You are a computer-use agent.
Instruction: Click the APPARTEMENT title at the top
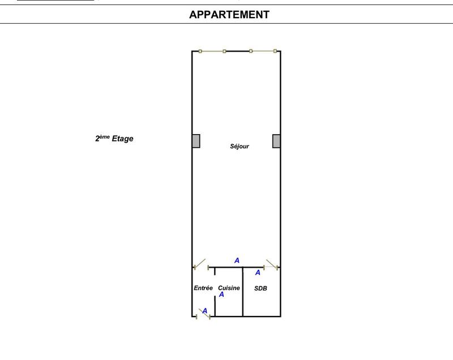(229, 15)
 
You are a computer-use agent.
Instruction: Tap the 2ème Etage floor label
(114, 138)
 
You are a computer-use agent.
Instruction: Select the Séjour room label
(240, 147)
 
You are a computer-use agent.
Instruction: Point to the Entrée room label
(203, 288)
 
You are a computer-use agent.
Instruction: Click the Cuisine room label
(229, 288)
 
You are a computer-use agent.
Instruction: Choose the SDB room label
(260, 288)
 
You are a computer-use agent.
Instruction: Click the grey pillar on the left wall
(196, 141)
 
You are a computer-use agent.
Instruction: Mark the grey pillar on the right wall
(276, 141)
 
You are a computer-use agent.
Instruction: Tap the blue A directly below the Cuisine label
(222, 295)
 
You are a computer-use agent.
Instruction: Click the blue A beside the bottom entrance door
(205, 310)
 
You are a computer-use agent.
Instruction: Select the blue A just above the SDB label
(258, 273)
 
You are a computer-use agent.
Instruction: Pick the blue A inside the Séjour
(237, 260)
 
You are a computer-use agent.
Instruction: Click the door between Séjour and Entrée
(200, 264)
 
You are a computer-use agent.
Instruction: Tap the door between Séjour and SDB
(271, 264)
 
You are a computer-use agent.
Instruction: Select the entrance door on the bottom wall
(203, 315)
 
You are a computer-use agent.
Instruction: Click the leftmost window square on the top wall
(200, 52)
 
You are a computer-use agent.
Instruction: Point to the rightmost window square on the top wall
(275, 52)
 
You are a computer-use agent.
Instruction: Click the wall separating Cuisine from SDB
(243, 292)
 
